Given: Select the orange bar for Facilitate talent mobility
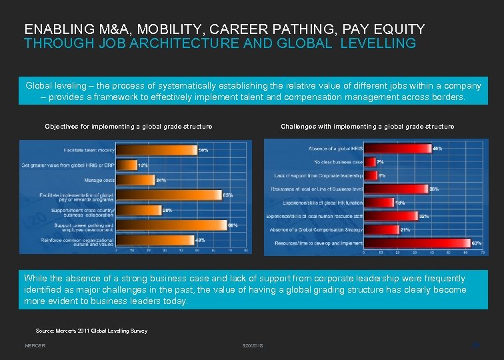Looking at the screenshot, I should coord(157,150).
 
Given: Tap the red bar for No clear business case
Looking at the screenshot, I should coord(369,161).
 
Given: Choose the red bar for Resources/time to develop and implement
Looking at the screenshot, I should coord(417,243).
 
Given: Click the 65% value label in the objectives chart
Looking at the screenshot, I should coord(227,195).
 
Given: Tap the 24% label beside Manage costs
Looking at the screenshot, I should coord(161,180).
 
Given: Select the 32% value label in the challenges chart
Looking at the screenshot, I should coord(423,216).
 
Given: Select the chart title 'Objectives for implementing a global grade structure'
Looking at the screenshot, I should coord(129,126).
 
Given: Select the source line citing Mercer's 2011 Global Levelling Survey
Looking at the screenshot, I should coord(91,331).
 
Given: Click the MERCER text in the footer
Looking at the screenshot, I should coord(35,346).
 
